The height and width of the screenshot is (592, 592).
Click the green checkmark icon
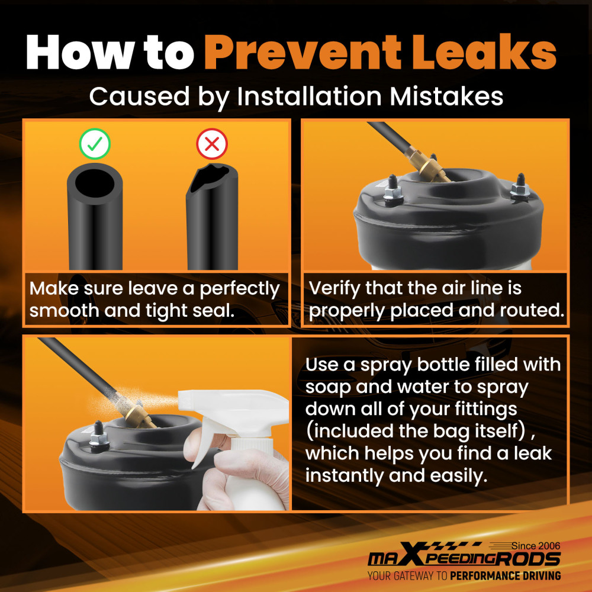click(x=95, y=144)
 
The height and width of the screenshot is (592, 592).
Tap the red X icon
click(x=212, y=144)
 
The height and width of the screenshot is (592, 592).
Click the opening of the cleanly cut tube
click(x=94, y=182)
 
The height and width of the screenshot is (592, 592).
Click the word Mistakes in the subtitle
click(x=446, y=96)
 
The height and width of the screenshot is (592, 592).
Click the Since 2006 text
click(x=536, y=546)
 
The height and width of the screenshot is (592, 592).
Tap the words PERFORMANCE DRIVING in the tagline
click(x=505, y=576)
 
